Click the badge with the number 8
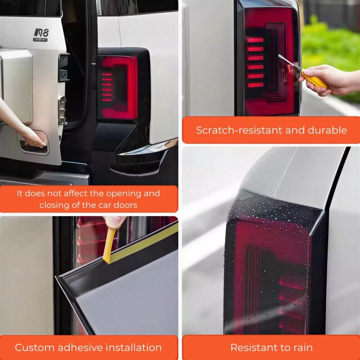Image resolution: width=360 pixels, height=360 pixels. pyautogui.click(x=41, y=35)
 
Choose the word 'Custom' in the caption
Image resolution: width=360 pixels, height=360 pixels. pyautogui.click(x=35, y=347)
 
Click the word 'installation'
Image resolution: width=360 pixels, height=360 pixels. pyautogui.click(x=133, y=347)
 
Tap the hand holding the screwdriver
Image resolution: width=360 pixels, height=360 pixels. pyautogui.click(x=331, y=80)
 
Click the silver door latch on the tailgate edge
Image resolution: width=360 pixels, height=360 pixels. pyautogui.click(x=62, y=110)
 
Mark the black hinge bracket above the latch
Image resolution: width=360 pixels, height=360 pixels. pyautogui.click(x=63, y=67)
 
